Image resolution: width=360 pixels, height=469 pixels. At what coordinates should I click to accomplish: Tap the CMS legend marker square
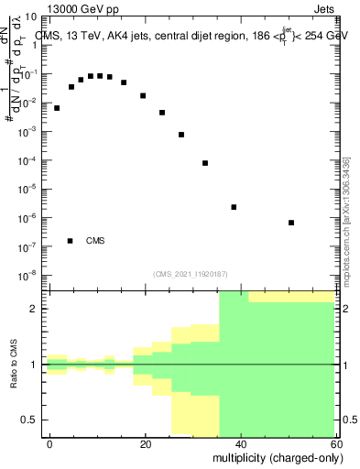click(x=71, y=241)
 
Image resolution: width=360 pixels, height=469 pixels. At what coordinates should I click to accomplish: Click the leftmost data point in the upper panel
click(x=57, y=108)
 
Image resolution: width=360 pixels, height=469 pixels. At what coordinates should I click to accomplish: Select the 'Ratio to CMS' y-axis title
click(x=15, y=365)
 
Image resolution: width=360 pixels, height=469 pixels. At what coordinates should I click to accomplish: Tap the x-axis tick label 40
click(x=241, y=443)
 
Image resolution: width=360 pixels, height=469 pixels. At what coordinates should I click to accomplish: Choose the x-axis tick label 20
click(x=146, y=443)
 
